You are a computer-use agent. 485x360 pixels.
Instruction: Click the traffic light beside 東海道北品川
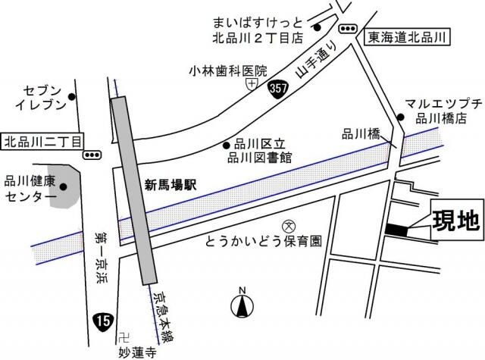[348, 28]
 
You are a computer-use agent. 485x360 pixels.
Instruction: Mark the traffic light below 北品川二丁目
[92, 155]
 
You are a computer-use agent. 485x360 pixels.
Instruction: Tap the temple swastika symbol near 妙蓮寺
[127, 336]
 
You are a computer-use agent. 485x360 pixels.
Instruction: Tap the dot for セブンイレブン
[72, 96]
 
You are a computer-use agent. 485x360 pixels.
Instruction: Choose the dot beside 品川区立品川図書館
[225, 145]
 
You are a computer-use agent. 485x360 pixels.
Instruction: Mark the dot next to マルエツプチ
[401, 117]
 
